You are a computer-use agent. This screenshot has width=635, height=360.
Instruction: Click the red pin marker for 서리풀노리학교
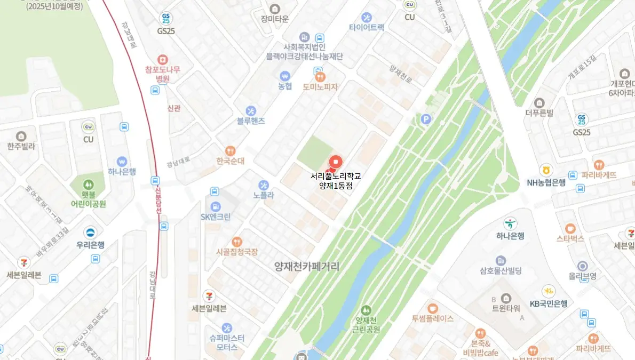pyautogui.click(x=335, y=162)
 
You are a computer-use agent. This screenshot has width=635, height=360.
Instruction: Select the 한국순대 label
pyautogui.click(x=231, y=161)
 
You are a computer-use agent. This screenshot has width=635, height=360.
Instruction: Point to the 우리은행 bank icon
pyautogui.click(x=90, y=233)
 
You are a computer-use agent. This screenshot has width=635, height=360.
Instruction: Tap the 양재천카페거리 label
pyautogui.click(x=306, y=266)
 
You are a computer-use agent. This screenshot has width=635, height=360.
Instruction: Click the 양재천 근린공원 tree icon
pyautogui.click(x=366, y=309)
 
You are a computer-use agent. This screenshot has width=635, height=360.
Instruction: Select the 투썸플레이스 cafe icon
pyautogui.click(x=432, y=308)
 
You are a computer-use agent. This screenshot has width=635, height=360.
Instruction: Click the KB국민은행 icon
pyautogui.click(x=548, y=291)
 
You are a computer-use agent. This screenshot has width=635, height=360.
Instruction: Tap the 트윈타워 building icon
pyautogui.click(x=506, y=298)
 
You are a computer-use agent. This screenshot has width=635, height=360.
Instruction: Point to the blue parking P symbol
pyautogui.click(x=425, y=119)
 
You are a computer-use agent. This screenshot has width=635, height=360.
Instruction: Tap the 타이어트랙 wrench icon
pyautogui.click(x=366, y=17)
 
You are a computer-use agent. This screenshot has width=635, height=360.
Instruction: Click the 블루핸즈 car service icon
pyautogui.click(x=251, y=111)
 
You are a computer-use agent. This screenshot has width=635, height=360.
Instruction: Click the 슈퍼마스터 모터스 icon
pyautogui.click(x=227, y=327)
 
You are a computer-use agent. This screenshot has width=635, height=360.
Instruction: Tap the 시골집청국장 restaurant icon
pyautogui.click(x=237, y=242)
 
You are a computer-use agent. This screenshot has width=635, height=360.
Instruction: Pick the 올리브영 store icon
pyautogui.click(x=582, y=266)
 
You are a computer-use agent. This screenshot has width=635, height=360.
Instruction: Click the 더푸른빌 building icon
pyautogui.click(x=539, y=102)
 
